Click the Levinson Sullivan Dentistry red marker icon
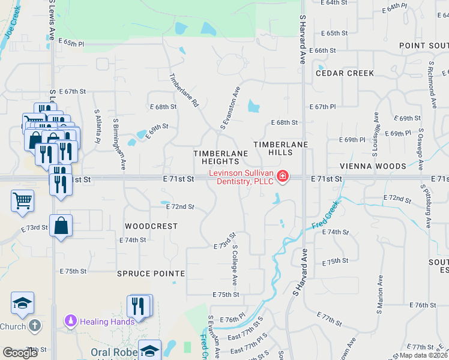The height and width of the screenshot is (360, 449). pos(282,176)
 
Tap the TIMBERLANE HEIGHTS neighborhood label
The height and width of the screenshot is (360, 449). pos(220,158)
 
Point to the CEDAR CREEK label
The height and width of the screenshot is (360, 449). pos(345,73)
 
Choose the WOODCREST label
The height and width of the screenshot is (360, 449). pos(151,226)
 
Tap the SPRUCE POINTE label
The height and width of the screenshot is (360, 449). pos(151,273)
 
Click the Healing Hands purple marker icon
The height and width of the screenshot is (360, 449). pos(71,322)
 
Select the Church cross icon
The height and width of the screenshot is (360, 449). pos(35,326)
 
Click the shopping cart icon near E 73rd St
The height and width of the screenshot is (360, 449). pos(23,201)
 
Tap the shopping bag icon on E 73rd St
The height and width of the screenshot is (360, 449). pos(61,226)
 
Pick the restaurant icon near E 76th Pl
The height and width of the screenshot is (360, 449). pos(139,306)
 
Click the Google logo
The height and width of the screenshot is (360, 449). pos(20,353)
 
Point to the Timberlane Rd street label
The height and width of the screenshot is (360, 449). pos(184,91)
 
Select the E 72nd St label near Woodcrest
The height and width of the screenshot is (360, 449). pos(180,206)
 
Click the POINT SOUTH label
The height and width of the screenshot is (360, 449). pos(423,46)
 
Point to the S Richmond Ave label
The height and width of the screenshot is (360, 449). pos(432,84)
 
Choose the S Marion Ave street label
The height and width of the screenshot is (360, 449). pos(381,295)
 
